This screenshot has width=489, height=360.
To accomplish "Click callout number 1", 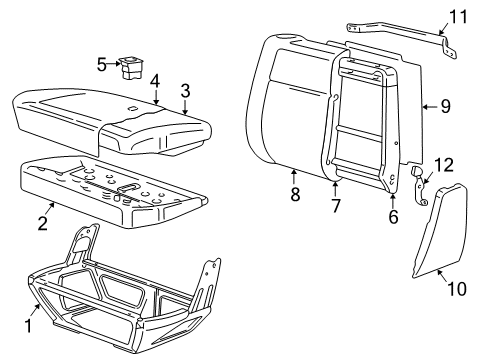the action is [x=28, y=325].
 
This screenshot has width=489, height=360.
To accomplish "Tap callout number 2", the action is [x=43, y=223].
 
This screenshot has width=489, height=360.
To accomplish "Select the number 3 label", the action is [x=185, y=91].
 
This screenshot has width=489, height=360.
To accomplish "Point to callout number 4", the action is [x=155, y=82].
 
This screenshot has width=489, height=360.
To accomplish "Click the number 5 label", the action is [x=102, y=64].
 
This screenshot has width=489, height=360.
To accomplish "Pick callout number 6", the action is [x=393, y=217].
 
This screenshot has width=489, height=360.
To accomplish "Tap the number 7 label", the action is [x=335, y=205].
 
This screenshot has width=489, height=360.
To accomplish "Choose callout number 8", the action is [x=295, y=194].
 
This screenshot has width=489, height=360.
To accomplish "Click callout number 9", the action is [x=445, y=106].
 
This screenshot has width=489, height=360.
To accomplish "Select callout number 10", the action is [x=457, y=288].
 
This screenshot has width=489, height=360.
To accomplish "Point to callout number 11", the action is [x=459, y=16].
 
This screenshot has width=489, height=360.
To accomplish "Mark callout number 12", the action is [x=444, y=165].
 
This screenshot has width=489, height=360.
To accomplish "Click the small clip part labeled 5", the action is [x=131, y=68].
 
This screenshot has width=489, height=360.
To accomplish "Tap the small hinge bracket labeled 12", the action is [x=419, y=186].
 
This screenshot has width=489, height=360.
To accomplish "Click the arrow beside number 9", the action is [x=430, y=107].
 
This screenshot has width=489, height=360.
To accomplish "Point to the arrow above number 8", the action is [x=294, y=177].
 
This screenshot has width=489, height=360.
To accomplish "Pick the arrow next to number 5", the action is [x=114, y=63].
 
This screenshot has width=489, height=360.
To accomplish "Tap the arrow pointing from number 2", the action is [x=50, y=208].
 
